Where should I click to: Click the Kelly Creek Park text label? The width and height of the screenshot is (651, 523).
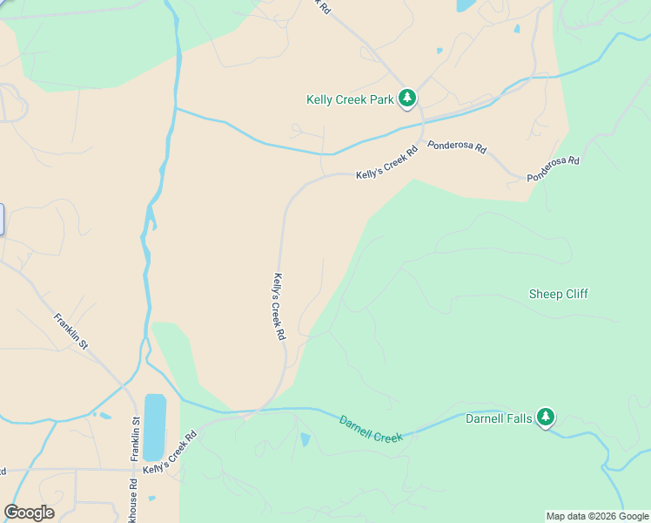[x=350, y=100]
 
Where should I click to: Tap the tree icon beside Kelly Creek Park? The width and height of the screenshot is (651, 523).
[x=406, y=98]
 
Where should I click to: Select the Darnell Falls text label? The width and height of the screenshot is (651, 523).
[x=498, y=418]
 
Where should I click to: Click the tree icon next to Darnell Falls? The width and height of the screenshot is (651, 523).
[x=546, y=418]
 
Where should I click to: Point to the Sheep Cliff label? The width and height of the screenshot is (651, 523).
[x=558, y=294]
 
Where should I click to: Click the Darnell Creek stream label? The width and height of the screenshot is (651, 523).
[x=371, y=428]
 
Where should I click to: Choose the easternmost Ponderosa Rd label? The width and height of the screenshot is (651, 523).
[x=553, y=169]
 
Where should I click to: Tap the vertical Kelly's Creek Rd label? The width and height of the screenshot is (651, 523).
[x=279, y=307]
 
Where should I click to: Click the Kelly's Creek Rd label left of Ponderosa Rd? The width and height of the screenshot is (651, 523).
[x=386, y=163]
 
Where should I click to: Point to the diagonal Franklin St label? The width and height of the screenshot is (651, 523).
[x=71, y=331]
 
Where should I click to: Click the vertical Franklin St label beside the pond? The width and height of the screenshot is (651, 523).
[x=135, y=438]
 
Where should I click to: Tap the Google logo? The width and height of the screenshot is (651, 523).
[x=29, y=513]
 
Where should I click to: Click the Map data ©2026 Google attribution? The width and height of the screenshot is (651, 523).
[x=597, y=516]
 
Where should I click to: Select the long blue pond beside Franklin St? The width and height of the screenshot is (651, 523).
[x=155, y=426]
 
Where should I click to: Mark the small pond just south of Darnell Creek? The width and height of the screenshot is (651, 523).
[x=305, y=439]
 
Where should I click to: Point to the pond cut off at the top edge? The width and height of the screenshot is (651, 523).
[x=466, y=4]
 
